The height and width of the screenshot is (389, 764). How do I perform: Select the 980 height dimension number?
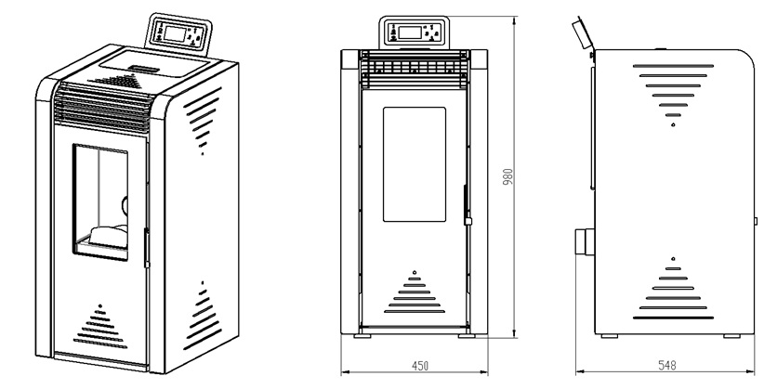pyautogui.click(x=507, y=177)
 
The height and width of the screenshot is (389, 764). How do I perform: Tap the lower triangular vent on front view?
pyautogui.click(x=414, y=292)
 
